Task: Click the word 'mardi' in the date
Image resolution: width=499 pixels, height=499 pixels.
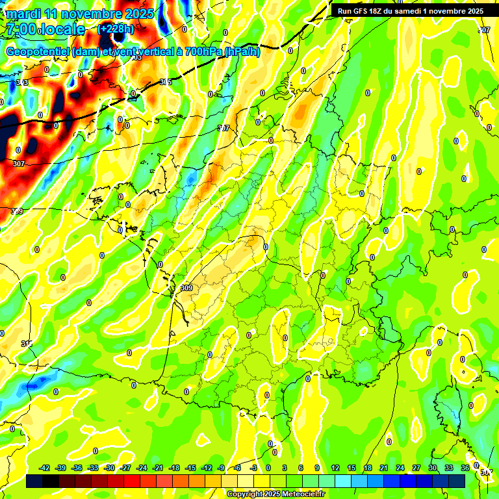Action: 24,14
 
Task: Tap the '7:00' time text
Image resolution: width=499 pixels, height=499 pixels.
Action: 21,29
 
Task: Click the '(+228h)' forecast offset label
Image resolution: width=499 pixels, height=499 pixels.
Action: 116,29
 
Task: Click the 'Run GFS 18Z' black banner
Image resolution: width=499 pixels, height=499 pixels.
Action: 410,10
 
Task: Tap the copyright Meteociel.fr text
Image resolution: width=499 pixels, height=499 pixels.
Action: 275,494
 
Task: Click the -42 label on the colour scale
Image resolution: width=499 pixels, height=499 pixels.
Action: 45,468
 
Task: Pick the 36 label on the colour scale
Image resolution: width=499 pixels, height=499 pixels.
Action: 465,468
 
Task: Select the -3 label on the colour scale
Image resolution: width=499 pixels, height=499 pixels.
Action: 253,468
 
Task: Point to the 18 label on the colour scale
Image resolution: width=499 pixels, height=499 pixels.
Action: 368,468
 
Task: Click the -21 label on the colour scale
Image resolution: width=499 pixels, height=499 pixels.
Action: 158,468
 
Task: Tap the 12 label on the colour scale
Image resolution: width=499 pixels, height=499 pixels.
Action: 335,468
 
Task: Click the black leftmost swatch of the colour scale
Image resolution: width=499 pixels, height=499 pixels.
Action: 34,481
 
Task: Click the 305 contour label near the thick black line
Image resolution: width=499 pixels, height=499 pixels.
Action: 166,83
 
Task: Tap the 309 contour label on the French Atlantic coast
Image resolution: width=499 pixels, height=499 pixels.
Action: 186,288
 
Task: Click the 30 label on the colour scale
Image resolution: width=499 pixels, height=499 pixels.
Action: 433,468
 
